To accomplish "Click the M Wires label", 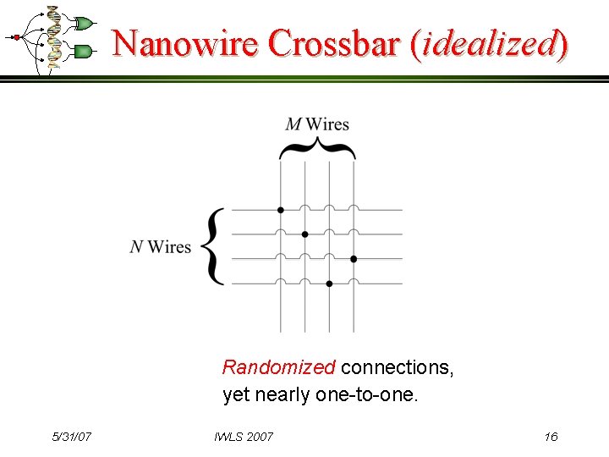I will point(317,124).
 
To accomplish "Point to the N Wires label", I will point(161,246).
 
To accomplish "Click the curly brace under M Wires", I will point(317,150).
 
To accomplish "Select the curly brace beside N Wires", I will point(215,246).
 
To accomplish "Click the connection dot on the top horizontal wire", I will point(281,210).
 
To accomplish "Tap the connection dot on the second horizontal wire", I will point(305,234).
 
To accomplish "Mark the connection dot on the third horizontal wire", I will point(354,259).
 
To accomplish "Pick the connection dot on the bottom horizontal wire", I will point(329,284).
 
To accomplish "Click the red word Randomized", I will point(278,367).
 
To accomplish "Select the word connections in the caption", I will point(397,367).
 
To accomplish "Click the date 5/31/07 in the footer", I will point(72,437).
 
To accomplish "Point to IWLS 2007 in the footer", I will point(244,437).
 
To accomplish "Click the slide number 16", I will point(551,437).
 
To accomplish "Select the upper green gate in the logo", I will point(84,23).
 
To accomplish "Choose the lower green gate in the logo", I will point(83,52).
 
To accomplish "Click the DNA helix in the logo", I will point(53,38).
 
